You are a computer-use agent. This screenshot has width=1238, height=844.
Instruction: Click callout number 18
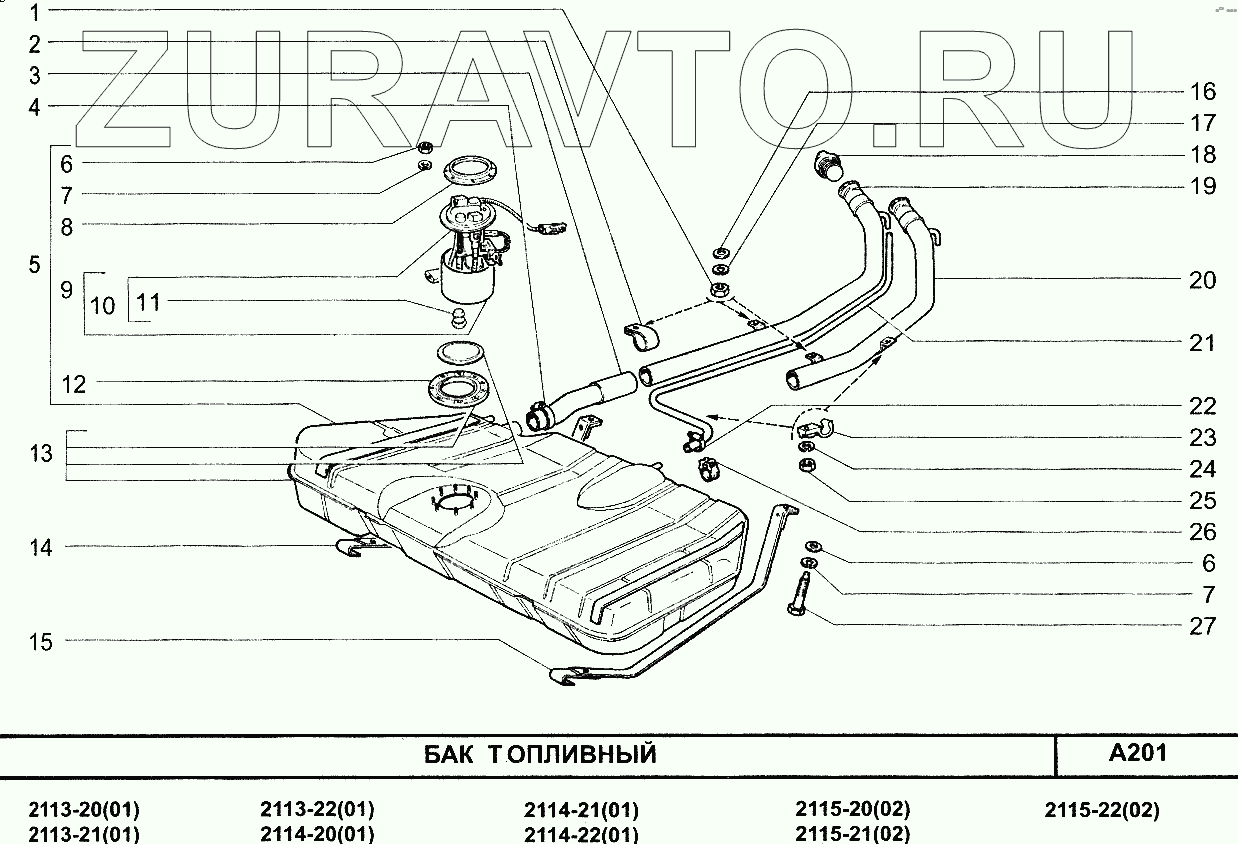click(1202, 155)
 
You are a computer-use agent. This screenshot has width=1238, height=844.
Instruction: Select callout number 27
click(1202, 626)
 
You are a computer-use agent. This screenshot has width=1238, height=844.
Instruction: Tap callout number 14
click(40, 547)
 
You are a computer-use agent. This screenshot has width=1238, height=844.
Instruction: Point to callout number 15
click(40, 641)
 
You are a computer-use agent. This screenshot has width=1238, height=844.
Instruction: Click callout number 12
click(73, 383)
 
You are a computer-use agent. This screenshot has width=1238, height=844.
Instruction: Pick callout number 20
click(1202, 280)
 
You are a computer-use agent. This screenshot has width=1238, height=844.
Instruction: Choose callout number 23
click(1202, 438)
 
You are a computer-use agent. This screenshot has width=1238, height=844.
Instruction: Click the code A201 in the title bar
click(1138, 753)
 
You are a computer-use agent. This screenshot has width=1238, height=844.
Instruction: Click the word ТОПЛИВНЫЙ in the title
click(572, 754)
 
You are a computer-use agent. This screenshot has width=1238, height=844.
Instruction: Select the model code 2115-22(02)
click(1102, 811)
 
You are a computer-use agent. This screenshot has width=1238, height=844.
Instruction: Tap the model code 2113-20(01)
click(84, 811)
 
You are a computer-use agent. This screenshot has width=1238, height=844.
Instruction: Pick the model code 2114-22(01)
click(581, 834)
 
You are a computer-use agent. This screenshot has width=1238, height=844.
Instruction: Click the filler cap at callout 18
click(830, 162)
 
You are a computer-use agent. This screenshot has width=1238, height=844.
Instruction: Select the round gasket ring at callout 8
click(464, 170)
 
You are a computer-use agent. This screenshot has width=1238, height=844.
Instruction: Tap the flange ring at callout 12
click(459, 388)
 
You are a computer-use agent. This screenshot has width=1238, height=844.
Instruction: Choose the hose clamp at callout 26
click(709, 464)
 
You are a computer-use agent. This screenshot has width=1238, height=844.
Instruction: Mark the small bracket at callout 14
click(351, 546)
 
